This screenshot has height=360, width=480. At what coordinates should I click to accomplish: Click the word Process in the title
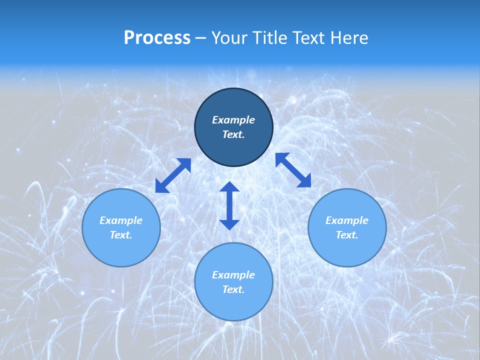(157, 38)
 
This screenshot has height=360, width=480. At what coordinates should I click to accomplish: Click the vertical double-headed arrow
(229, 205)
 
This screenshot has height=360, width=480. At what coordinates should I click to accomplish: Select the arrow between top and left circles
(173, 175)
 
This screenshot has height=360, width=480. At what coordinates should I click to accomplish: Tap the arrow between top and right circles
(293, 170)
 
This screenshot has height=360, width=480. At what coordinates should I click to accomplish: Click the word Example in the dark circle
(233, 120)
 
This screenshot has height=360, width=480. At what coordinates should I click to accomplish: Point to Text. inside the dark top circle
(233, 134)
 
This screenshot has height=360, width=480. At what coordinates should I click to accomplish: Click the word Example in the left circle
(121, 220)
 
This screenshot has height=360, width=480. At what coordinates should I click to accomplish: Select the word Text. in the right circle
(347, 235)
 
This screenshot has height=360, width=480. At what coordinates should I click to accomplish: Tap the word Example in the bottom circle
(233, 275)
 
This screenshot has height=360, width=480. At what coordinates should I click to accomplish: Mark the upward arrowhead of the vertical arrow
(229, 187)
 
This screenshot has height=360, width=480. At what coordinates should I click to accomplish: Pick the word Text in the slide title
(309, 38)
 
